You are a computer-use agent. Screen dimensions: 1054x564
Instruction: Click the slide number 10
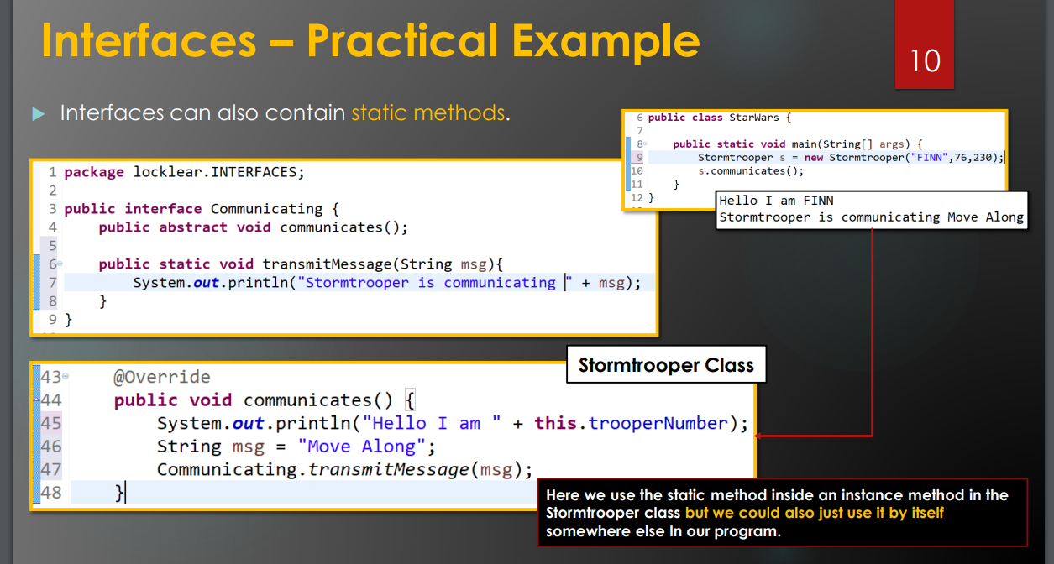[x=925, y=60]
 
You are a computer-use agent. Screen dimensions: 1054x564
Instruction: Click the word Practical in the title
[x=402, y=41]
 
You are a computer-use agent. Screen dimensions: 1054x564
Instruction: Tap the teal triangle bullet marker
[x=38, y=114]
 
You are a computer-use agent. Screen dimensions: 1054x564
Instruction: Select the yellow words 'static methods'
[x=428, y=113]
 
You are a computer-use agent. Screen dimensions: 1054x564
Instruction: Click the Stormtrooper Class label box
[x=666, y=364]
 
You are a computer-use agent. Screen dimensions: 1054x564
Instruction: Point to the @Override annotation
[x=162, y=377]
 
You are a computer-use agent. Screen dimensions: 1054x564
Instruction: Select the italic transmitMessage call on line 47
[x=388, y=469]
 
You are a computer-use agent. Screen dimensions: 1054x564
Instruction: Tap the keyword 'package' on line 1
[x=94, y=173]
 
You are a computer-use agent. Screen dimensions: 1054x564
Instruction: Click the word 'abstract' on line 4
[x=193, y=227]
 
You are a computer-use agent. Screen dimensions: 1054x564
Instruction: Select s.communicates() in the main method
[x=751, y=170]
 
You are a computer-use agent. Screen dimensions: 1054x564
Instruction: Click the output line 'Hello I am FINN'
[x=776, y=201]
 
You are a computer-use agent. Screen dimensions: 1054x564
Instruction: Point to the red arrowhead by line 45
[x=758, y=436]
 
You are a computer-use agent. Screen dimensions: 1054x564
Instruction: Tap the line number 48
[x=51, y=493]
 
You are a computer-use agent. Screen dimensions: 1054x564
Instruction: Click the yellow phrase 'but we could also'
[x=751, y=513]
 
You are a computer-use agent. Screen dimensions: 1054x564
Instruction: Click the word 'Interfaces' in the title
[x=149, y=41]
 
